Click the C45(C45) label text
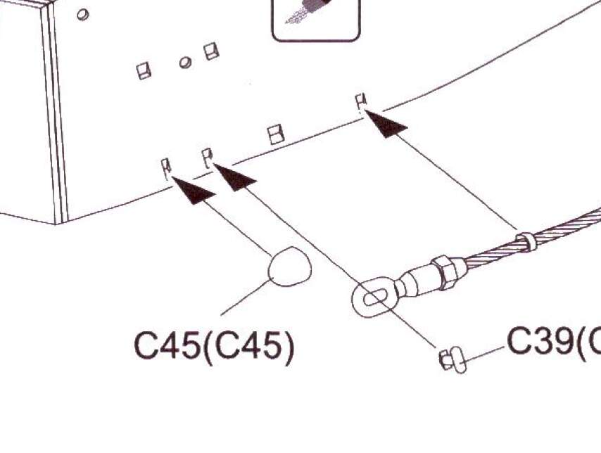point(213,346)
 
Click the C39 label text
point(552,343)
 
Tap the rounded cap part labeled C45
point(289,267)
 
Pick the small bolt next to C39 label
point(452,361)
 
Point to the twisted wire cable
point(563,229)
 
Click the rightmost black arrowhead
point(386,125)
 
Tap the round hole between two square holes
point(185,63)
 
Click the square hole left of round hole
point(144,71)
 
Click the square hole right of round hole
point(210,51)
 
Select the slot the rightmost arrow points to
point(362,101)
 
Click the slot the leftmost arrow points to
point(167,166)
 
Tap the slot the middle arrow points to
point(208,157)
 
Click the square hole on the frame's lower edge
point(277,134)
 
